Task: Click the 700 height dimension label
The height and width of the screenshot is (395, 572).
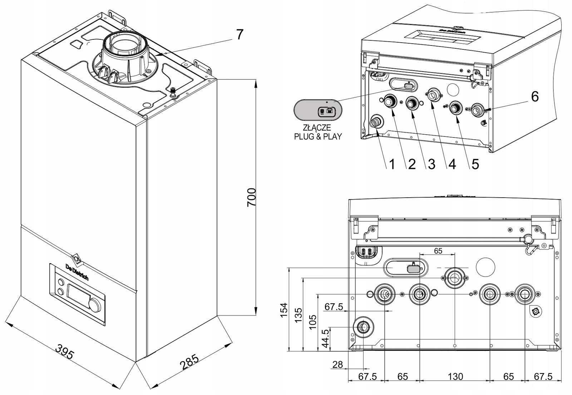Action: (x=252, y=197)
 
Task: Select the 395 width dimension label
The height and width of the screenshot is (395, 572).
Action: (x=65, y=352)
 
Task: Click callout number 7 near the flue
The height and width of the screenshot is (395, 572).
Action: (x=239, y=35)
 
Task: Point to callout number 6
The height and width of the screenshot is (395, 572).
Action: (x=534, y=96)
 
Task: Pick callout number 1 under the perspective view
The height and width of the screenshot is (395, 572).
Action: (x=392, y=164)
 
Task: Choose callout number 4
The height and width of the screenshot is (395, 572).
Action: (x=452, y=164)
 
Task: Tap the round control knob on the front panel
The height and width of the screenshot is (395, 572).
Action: (x=94, y=305)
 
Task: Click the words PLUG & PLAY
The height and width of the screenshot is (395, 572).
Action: (x=318, y=136)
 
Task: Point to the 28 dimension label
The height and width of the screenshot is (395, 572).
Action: (x=337, y=365)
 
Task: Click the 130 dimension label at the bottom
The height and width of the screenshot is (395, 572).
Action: (x=455, y=376)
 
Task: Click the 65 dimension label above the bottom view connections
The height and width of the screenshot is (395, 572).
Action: (x=438, y=251)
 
